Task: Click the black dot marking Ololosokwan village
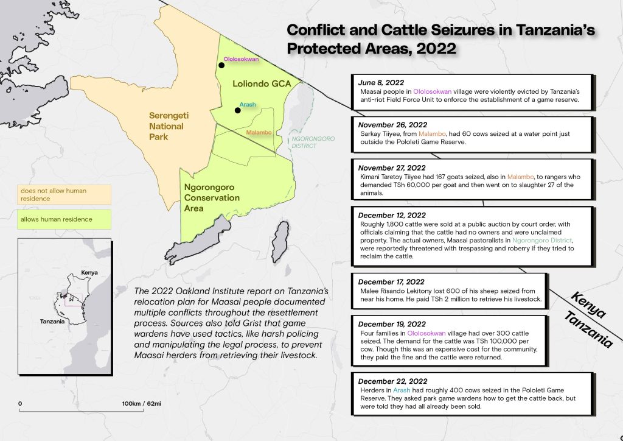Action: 221,65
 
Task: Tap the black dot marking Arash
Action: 237,110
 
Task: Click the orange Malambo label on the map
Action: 259,132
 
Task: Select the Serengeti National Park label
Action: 167,126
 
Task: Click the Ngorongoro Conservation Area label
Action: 212,197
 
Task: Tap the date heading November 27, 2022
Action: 392,168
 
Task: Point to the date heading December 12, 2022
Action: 391,215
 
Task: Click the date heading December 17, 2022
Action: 391,282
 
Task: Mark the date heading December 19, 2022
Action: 391,325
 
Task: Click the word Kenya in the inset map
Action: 89,273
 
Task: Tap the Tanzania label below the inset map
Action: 53,321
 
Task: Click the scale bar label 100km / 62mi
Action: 141,403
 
